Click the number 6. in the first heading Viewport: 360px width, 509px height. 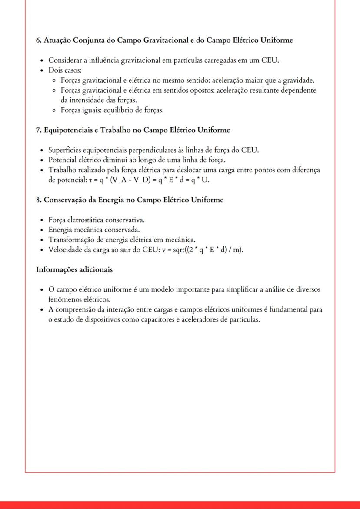pos(38,40)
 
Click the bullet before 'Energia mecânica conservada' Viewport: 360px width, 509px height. pos(41,230)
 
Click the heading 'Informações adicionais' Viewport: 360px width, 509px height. pos(74,269)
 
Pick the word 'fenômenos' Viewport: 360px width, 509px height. pos(65,299)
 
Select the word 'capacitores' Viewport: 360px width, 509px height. pos(166,319)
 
